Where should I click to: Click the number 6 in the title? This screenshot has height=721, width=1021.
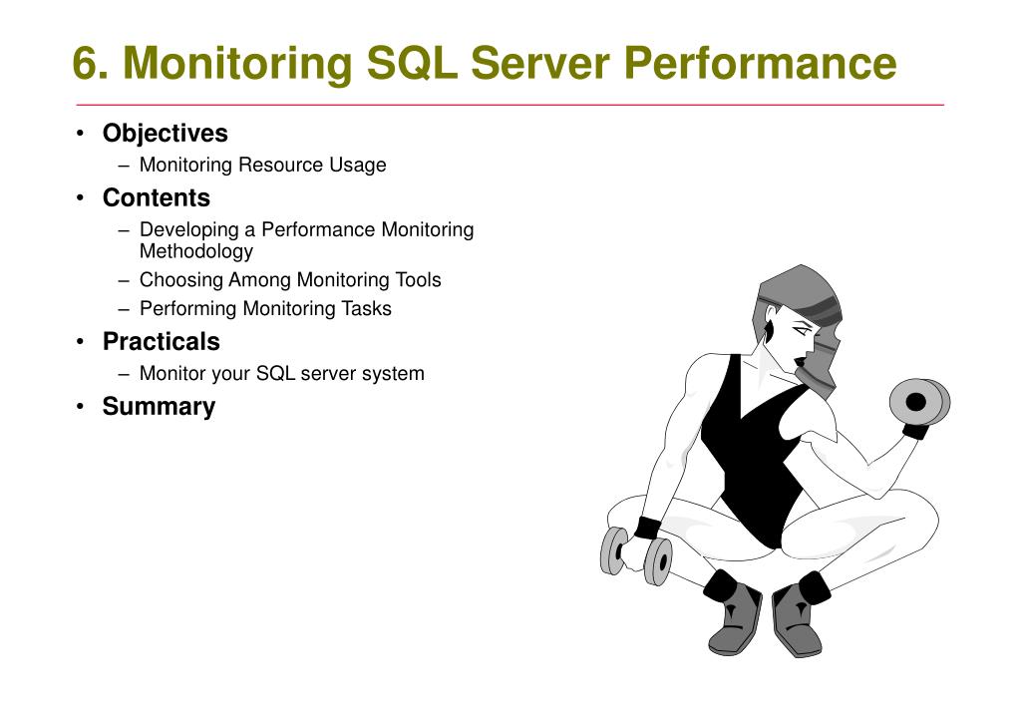coord(86,64)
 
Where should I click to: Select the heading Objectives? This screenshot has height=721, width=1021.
coord(165,134)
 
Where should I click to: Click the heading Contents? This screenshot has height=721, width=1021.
coord(156,197)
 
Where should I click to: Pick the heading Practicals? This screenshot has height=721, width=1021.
coord(161,342)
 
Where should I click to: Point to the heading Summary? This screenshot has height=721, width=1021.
coord(159,407)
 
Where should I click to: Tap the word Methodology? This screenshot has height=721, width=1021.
coord(195,251)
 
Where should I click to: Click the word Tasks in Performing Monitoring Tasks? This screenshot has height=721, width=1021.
coord(367,309)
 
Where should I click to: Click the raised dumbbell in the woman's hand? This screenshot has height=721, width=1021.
coord(918,402)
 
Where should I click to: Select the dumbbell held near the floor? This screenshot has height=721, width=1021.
coord(635,555)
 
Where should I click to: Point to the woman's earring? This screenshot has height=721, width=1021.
coord(769,329)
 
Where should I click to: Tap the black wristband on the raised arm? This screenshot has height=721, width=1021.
coord(914,432)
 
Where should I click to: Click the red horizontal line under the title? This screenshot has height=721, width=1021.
coord(510,105)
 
